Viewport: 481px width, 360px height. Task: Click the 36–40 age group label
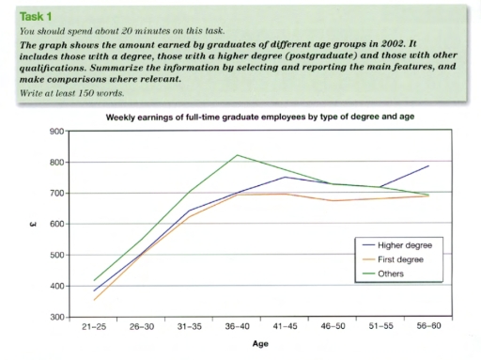(235, 326)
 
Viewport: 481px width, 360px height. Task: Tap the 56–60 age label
(428, 326)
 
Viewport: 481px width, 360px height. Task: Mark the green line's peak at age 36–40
(236, 155)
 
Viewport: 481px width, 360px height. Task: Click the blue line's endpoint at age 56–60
(429, 165)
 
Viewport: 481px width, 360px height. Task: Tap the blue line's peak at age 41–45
(284, 177)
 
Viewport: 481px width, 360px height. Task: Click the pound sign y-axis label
(35, 225)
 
